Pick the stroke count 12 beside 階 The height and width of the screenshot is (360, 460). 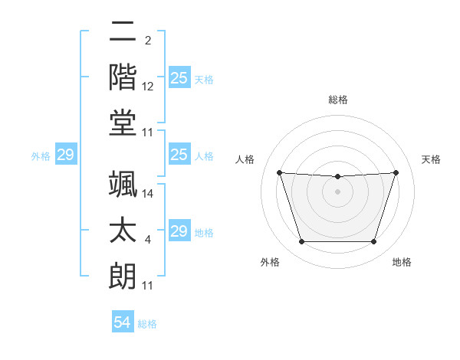coord(148,87)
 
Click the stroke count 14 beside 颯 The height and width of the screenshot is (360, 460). coord(148,194)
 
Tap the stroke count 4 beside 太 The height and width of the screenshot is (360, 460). coord(148,241)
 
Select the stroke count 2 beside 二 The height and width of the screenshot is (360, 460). coord(148,40)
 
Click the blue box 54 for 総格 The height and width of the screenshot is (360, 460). coord(123,323)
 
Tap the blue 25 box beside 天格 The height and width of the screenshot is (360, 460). coord(179,78)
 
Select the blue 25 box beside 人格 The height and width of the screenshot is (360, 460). coord(179,155)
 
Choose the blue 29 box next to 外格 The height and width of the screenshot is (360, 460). coord(65,155)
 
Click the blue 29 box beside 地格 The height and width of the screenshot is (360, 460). coord(179,231)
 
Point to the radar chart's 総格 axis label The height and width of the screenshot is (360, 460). coord(337,100)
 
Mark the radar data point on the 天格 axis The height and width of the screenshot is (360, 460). coord(396,173)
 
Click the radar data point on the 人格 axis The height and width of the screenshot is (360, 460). coord(279,173)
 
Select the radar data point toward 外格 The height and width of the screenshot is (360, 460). coord(301,242)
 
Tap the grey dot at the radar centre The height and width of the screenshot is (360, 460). coord(337,192)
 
